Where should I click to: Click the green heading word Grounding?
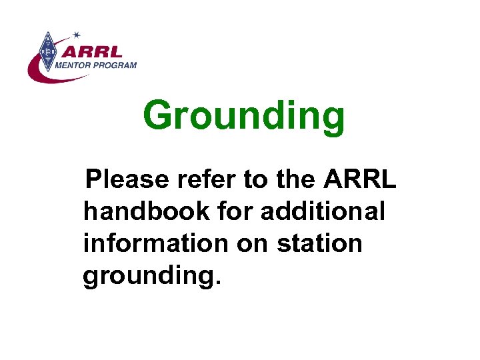244,115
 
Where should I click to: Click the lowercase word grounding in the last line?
146,276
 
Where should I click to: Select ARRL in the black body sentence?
360,179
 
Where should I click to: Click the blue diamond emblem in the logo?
47,52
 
